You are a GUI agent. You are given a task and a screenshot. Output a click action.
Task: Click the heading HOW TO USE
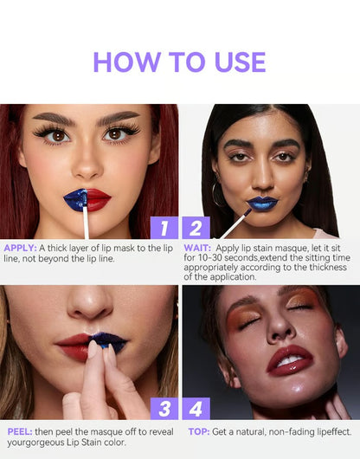[x=179, y=62]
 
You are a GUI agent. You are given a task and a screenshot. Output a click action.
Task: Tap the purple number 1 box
[x=164, y=228]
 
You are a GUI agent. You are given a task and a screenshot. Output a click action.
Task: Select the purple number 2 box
[x=196, y=228]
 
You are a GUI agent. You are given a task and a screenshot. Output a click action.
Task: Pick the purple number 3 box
[x=164, y=408]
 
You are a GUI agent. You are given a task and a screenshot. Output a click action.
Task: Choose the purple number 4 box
[x=196, y=408]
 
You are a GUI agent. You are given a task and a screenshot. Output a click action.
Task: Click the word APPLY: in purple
[x=20, y=248]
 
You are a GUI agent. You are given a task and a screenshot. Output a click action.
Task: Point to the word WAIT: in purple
[x=198, y=248]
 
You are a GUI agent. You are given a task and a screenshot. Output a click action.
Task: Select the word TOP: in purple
[x=199, y=431]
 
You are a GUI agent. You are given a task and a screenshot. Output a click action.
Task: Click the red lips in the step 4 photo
[x=290, y=358]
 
